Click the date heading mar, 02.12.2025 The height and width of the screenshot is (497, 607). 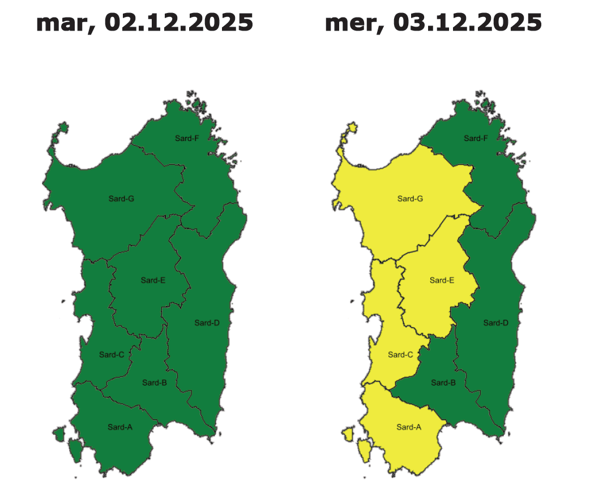(144, 23)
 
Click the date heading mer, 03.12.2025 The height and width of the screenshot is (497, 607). (433, 23)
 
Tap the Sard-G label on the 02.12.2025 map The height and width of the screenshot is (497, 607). (121, 198)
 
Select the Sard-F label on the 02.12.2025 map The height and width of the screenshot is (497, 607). (187, 138)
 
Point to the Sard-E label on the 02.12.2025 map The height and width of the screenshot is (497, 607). (153, 280)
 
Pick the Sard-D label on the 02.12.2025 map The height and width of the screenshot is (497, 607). (207, 323)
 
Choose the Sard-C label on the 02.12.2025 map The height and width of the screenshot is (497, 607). (112, 354)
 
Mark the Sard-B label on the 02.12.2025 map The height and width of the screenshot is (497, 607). (155, 383)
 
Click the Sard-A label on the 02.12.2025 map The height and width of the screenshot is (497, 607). (120, 427)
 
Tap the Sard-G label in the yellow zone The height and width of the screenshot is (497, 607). (410, 198)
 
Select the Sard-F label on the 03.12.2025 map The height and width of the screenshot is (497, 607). (476, 138)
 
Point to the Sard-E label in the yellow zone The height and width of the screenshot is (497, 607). (442, 280)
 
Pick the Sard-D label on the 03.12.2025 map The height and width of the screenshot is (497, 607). (495, 323)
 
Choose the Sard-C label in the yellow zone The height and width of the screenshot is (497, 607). (400, 354)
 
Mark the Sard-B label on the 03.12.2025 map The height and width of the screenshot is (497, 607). (443, 383)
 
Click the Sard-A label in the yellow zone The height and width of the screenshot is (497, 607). (409, 427)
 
